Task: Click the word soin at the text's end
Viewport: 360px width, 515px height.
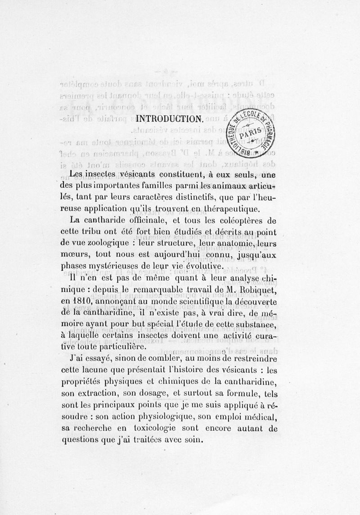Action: click(194, 440)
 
